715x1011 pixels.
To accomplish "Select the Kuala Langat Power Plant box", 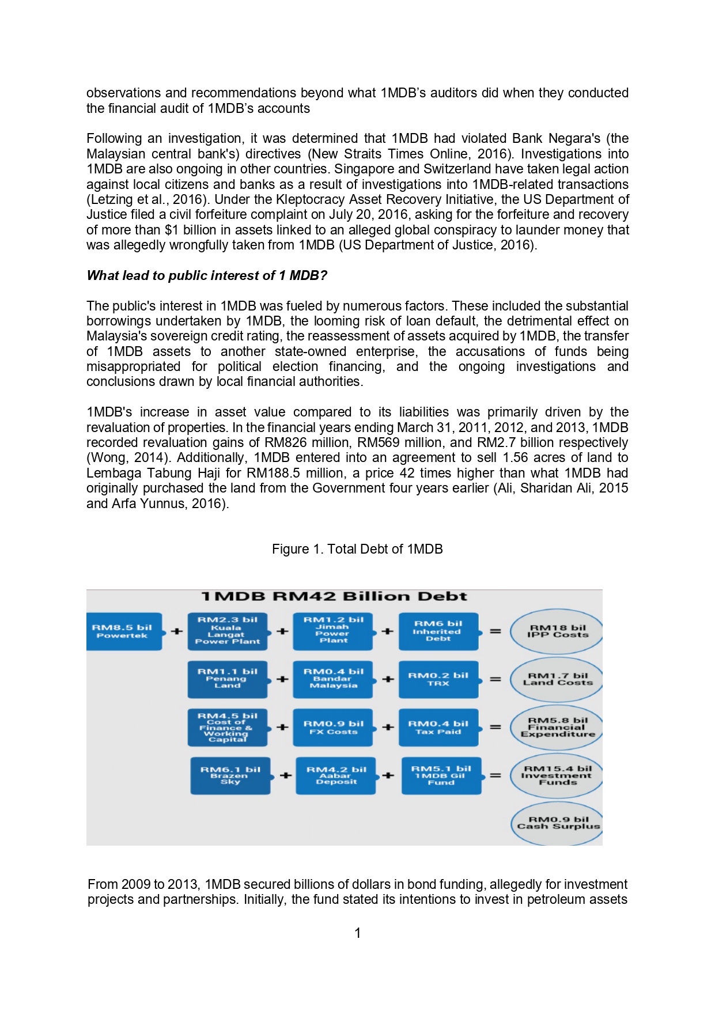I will click(x=228, y=631).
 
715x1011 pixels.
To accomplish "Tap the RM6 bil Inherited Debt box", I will click(x=438, y=631).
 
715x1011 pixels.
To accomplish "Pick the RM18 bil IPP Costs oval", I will click(x=557, y=631).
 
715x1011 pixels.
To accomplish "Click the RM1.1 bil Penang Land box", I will click(x=228, y=679).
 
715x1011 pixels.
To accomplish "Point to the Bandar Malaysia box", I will click(x=333, y=679).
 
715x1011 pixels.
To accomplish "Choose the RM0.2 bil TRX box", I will click(x=438, y=679).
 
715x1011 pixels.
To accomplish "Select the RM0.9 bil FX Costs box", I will click(x=333, y=728).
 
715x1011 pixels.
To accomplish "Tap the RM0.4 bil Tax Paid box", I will click(x=438, y=728).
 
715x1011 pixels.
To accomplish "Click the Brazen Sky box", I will click(x=230, y=775).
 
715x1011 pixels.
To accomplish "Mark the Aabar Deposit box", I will click(x=335, y=775).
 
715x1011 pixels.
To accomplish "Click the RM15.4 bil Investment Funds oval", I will click(x=557, y=775).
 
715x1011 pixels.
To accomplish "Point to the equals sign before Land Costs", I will click(x=495, y=679).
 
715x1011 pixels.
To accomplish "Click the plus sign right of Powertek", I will click(x=177, y=631).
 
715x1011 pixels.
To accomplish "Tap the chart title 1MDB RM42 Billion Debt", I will click(x=334, y=597).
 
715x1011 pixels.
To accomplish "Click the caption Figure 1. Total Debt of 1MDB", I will click(x=357, y=549).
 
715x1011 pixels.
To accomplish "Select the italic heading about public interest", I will click(x=207, y=275).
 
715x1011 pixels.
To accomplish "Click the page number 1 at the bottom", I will click(x=358, y=933).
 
